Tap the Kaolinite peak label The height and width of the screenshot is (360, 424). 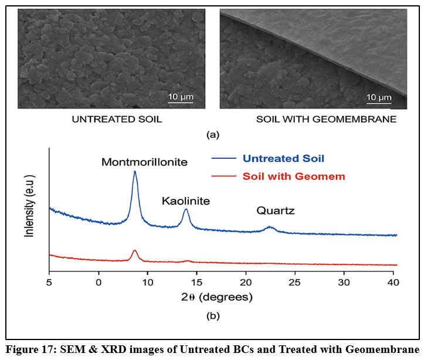pyautogui.click(x=186, y=202)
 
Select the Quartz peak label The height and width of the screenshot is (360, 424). pyautogui.click(x=275, y=211)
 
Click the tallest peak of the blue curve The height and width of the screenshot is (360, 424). pyautogui.click(x=135, y=172)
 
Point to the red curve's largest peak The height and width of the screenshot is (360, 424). pyautogui.click(x=135, y=251)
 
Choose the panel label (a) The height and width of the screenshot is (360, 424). pyautogui.click(x=213, y=134)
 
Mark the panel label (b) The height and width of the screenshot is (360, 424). pyautogui.click(x=213, y=316)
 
